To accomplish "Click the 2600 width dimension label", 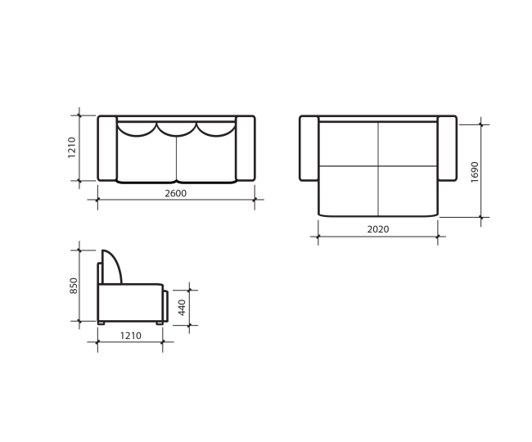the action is (x=176, y=193).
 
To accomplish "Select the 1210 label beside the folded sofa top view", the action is (x=71, y=147).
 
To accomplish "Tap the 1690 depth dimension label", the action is (x=475, y=173).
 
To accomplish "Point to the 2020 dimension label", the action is (x=378, y=230).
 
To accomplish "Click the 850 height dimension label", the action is (x=74, y=286).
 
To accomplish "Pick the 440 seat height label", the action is (x=182, y=307).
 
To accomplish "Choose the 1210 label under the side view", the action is (x=131, y=336).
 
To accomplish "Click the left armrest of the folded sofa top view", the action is (x=107, y=148).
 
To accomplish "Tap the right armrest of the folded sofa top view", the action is (x=246, y=148).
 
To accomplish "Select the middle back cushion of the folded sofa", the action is (x=177, y=130).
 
